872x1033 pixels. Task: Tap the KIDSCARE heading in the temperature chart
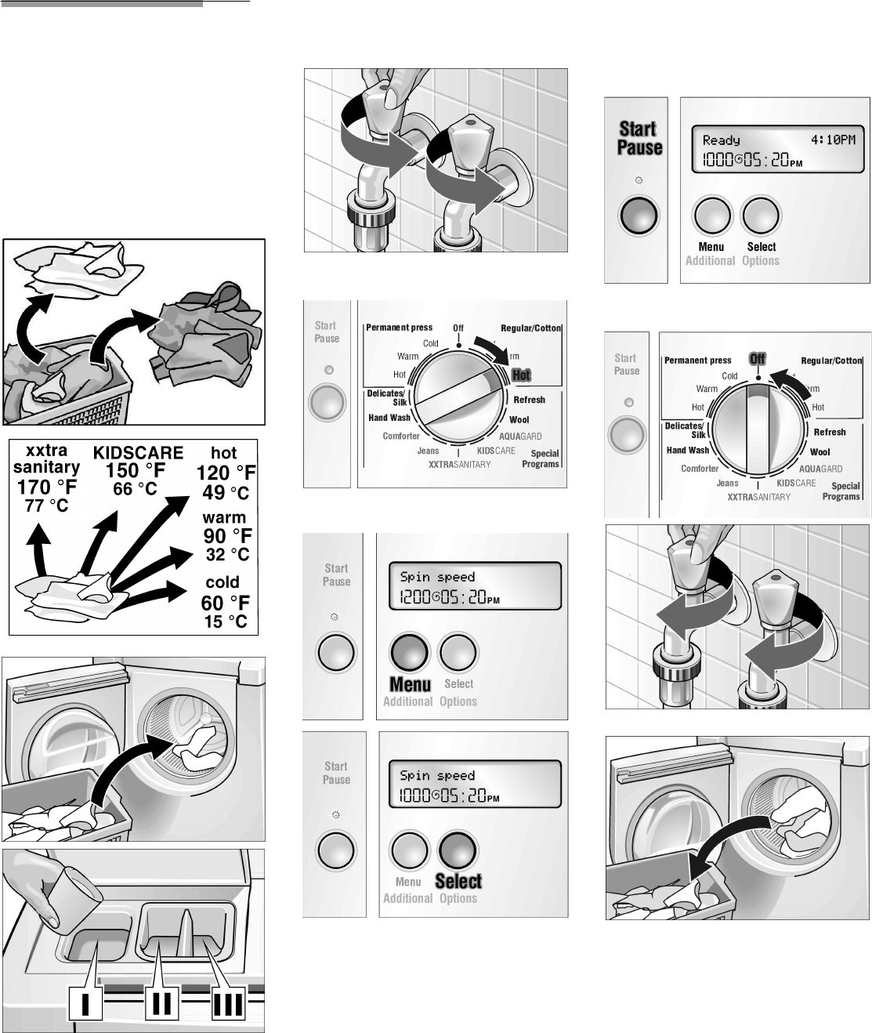[138, 452]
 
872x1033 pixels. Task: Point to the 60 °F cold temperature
[225, 603]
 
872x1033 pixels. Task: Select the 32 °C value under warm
[227, 555]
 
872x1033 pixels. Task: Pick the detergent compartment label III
[227, 1004]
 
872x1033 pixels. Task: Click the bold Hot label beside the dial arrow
[521, 375]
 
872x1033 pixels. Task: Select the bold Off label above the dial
[757, 358]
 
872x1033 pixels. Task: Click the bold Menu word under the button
[411, 684]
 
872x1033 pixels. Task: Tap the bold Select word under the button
[458, 882]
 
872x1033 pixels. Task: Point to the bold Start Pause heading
[639, 138]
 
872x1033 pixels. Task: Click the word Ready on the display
[721, 140]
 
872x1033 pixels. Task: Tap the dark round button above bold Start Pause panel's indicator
[639, 215]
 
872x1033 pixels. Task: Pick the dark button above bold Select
[458, 850]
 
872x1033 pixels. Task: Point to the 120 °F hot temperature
[226, 473]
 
